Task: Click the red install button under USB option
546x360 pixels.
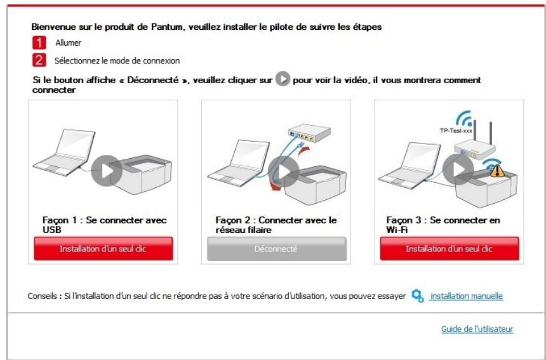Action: (x=103, y=249)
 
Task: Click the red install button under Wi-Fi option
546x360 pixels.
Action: (x=449, y=249)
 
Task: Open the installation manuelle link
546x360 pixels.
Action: (x=466, y=297)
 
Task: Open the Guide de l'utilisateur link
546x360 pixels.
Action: (x=477, y=329)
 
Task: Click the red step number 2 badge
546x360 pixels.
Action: (x=39, y=61)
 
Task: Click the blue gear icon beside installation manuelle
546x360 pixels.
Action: (x=417, y=296)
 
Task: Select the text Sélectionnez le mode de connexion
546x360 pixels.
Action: (x=117, y=62)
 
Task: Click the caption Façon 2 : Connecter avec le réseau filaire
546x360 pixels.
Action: (x=274, y=223)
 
